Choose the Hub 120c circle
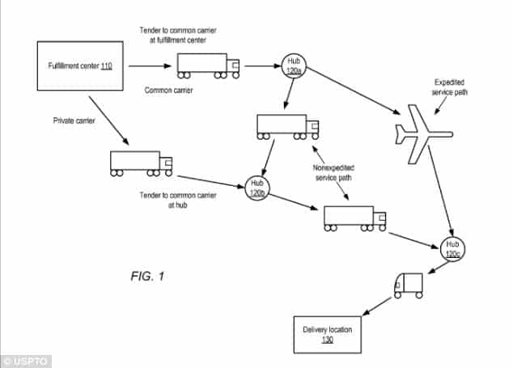pos(453,248)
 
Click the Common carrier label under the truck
pos(170,90)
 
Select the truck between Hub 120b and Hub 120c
pos(354,218)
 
